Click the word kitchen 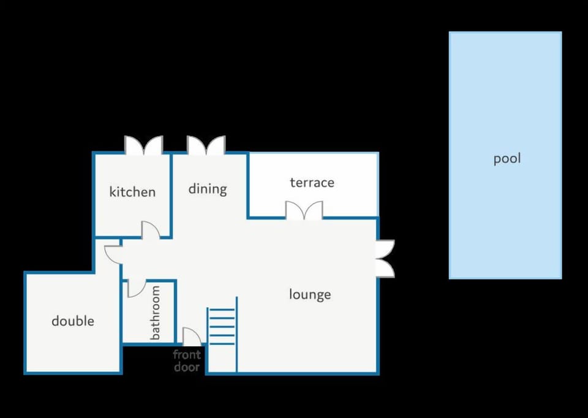click(x=132, y=192)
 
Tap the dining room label click(x=208, y=189)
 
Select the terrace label click(x=312, y=183)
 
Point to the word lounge click(x=310, y=295)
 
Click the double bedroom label click(x=73, y=321)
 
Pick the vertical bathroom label click(x=155, y=313)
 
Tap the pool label click(x=507, y=159)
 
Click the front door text click(x=187, y=360)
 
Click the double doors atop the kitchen click(x=143, y=146)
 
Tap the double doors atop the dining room click(x=206, y=146)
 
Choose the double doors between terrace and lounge click(x=304, y=210)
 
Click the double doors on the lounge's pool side click(x=385, y=259)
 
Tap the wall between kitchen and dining click(x=171, y=195)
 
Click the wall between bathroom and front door click(x=175, y=311)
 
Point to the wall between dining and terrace click(x=248, y=185)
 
